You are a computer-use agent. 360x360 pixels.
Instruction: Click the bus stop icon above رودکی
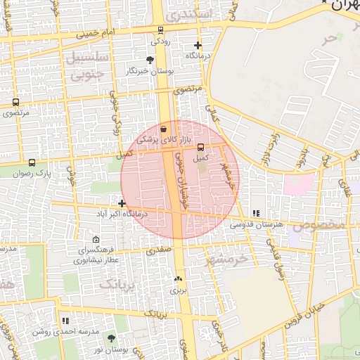pyautogui.click(x=161, y=30)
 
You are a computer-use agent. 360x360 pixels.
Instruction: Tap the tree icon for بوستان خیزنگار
pyautogui.click(x=149, y=60)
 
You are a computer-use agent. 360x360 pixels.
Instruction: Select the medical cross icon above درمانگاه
pyautogui.click(x=198, y=44)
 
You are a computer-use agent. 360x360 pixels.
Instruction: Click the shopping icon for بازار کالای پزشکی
pyautogui.click(x=164, y=129)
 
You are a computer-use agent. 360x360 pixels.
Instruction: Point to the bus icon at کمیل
pyautogui.click(x=201, y=147)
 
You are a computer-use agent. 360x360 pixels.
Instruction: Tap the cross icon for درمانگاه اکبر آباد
pyautogui.click(x=122, y=203)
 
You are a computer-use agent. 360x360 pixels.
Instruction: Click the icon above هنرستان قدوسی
pyautogui.click(x=256, y=212)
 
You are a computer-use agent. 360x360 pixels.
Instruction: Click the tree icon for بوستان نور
pyautogui.click(x=111, y=338)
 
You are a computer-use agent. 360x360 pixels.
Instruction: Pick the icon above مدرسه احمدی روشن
pyautogui.click(x=65, y=321)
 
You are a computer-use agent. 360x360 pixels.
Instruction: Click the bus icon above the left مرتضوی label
pyautogui.click(x=15, y=102)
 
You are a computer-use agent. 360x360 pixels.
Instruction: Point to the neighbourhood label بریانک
pyautogui.click(x=116, y=284)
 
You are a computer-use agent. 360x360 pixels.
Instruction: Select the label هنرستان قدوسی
pyautogui.click(x=257, y=224)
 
